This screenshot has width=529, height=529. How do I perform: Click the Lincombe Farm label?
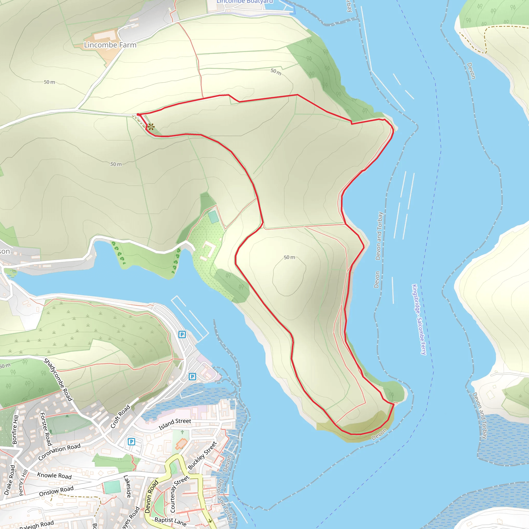pyautogui.click(x=110, y=45)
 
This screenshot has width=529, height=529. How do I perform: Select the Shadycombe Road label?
pyautogui.click(x=58, y=380)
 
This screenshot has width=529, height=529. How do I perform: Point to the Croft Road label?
pyautogui.click(x=120, y=416)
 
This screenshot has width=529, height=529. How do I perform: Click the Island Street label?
pyautogui.click(x=175, y=424)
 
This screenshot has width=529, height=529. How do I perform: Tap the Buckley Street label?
pyautogui.click(x=202, y=455)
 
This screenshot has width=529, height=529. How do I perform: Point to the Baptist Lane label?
pyautogui.click(x=170, y=522)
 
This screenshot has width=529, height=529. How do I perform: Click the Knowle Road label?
pyautogui.click(x=54, y=476)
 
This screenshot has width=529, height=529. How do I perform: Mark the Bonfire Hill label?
pyautogui.click(x=15, y=429)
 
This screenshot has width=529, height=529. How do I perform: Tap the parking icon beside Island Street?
pyautogui.click(x=131, y=441)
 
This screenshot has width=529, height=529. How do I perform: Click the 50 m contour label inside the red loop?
pyautogui.click(x=289, y=257)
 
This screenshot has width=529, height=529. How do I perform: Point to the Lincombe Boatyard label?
pyautogui.click(x=245, y=1)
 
